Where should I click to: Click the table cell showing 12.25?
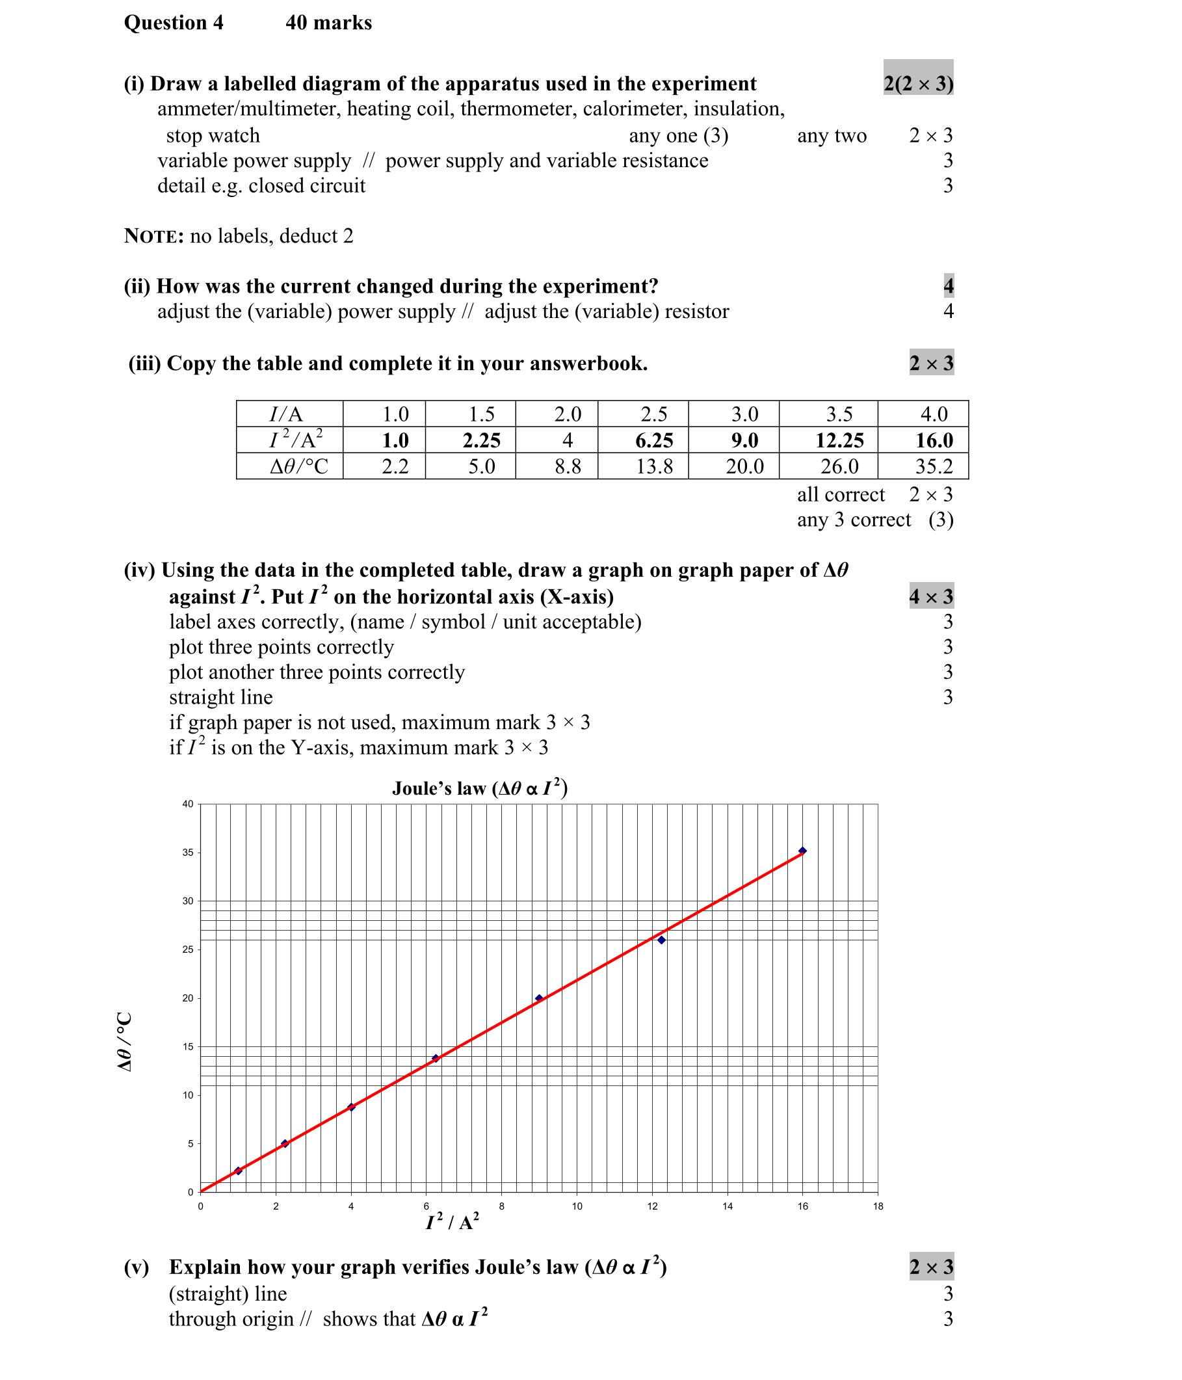pos(839,440)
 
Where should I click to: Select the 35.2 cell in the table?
pos(934,466)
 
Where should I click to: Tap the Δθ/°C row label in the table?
pos(298,466)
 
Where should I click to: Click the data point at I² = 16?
pos(802,851)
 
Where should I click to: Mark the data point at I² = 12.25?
pos(661,940)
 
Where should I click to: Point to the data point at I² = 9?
pos(539,998)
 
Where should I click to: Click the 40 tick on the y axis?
pos(188,804)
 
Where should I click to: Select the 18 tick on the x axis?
pos(878,1206)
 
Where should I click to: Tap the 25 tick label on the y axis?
pos(188,949)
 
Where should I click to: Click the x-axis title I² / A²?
pos(452,1222)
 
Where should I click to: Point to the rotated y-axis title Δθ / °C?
pos(125,1042)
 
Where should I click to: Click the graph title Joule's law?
pos(479,788)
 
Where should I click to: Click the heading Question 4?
pos(174,23)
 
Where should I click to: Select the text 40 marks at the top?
pos(328,23)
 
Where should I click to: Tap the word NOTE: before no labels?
pos(154,237)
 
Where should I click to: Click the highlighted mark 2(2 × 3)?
pos(917,84)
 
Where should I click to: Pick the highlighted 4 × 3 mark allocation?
pos(931,596)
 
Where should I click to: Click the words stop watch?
pos(213,135)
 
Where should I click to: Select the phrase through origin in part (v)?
pos(231,1319)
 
